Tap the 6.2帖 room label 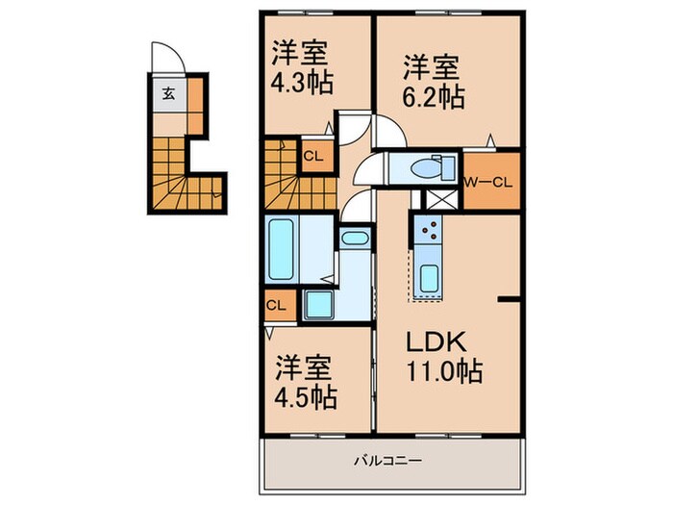432,96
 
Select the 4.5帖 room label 307,395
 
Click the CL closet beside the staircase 313,155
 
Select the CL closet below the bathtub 277,306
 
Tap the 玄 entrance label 168,94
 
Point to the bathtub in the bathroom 283,247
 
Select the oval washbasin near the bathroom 353,238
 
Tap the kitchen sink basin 429,276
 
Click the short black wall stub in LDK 509,300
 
